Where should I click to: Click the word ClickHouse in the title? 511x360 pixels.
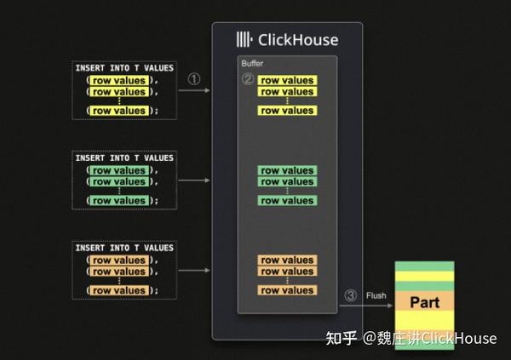tap(298, 39)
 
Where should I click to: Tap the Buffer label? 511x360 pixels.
tap(252, 63)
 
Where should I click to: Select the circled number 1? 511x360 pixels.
tap(194, 79)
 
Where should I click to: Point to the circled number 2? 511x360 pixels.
tap(248, 79)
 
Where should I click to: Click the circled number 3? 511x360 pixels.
tap(350, 295)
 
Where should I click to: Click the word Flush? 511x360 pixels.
tap(376, 295)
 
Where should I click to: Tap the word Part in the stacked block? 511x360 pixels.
tap(424, 302)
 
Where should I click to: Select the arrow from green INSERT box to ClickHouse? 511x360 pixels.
tap(195, 180)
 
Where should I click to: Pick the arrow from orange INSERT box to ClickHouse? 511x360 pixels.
tap(195, 271)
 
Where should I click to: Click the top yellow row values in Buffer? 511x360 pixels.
tap(287, 81)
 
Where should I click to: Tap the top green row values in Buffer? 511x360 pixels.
tap(287, 170)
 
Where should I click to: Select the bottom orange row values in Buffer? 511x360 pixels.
tap(287, 290)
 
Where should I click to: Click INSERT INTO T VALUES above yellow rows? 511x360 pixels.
tap(123, 67)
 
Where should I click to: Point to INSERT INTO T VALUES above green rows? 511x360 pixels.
tap(123, 157)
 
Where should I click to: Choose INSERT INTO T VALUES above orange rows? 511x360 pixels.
tap(123, 248)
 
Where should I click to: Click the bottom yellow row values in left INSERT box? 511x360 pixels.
tap(118, 111)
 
